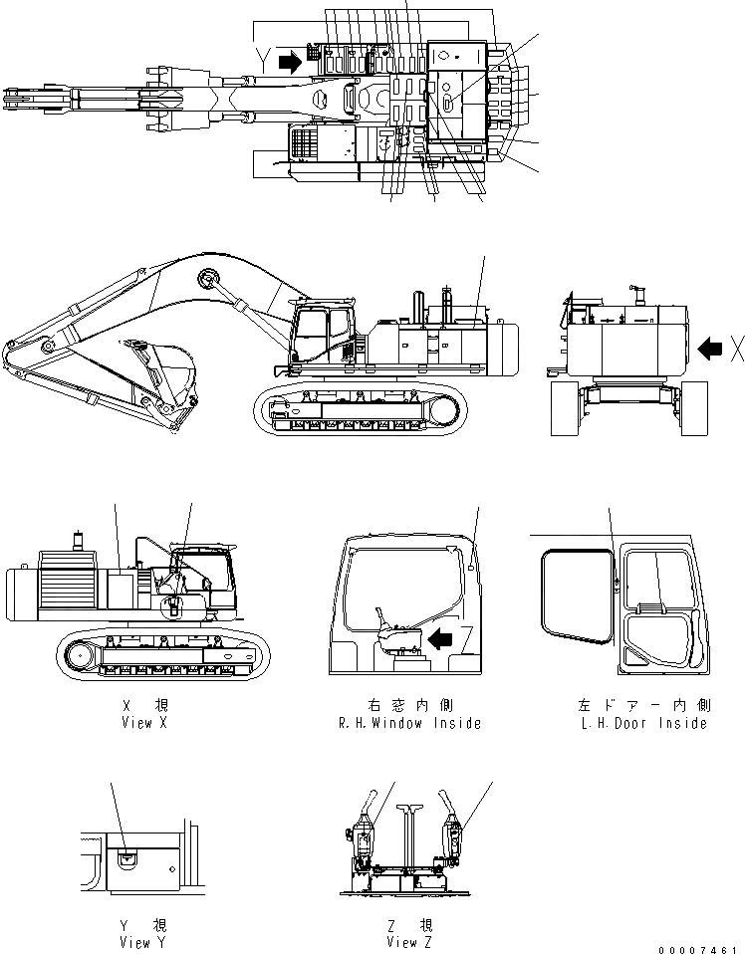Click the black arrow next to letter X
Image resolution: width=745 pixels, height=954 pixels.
[x=710, y=348]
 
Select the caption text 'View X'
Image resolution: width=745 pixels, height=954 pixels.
[x=143, y=723]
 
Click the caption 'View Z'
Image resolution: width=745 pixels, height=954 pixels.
[x=409, y=942]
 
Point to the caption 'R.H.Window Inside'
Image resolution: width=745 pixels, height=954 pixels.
[x=410, y=723]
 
